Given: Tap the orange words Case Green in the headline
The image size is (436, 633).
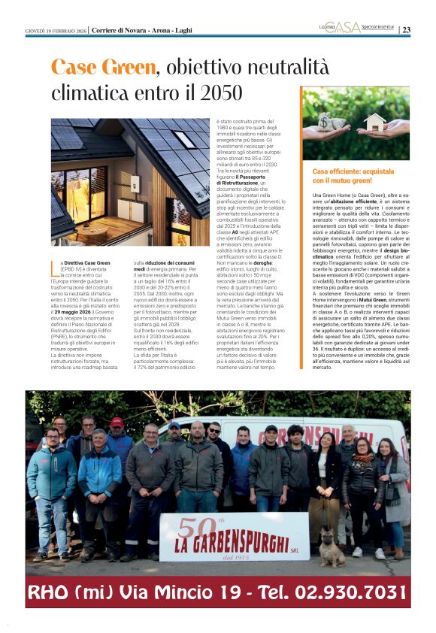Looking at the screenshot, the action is click(104, 68).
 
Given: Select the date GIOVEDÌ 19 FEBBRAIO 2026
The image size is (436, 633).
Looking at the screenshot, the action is click(56, 30).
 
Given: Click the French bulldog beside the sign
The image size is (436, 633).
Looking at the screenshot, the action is click(332, 547).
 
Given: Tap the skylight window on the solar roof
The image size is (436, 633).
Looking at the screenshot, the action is click(184, 140).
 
